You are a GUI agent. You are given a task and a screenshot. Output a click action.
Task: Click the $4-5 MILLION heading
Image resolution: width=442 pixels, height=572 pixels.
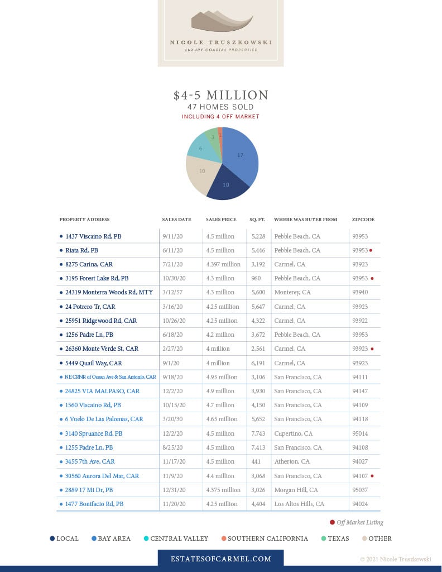(x=221, y=95)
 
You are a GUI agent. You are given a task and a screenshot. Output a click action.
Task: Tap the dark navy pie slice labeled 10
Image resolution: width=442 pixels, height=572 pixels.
(x=227, y=185)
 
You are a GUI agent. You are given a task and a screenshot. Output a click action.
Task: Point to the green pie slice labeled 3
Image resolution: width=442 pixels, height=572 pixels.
(x=213, y=137)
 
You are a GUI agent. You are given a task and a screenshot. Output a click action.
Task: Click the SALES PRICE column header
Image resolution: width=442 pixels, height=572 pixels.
(x=221, y=220)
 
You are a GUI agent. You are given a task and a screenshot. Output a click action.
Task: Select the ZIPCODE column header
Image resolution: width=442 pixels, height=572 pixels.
(x=363, y=220)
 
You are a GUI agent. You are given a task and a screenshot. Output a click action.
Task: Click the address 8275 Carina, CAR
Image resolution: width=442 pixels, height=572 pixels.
(x=89, y=264)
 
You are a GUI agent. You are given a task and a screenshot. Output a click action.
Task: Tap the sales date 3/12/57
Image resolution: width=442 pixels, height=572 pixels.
(x=173, y=292)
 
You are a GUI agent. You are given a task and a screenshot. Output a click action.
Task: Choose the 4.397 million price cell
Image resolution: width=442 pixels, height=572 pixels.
(x=223, y=264)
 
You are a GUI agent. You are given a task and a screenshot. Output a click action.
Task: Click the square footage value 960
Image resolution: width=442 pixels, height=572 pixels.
(x=256, y=278)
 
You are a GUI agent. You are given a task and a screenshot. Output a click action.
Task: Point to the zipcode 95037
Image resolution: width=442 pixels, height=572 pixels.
(x=360, y=490)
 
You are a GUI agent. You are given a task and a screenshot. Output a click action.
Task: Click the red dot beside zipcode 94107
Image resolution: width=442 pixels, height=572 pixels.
(x=372, y=476)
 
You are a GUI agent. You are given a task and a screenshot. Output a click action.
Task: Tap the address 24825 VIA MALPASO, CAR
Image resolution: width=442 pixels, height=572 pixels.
(x=102, y=391)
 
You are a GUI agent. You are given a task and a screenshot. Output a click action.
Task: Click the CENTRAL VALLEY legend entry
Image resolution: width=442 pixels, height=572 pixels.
(x=176, y=538)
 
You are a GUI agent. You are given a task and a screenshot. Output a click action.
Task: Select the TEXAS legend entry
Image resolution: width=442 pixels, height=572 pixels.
(x=335, y=538)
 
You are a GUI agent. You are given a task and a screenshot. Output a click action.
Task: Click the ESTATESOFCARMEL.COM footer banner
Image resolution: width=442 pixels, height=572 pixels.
(x=221, y=559)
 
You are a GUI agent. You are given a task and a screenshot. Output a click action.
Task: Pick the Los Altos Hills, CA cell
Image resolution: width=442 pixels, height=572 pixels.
(x=299, y=504)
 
